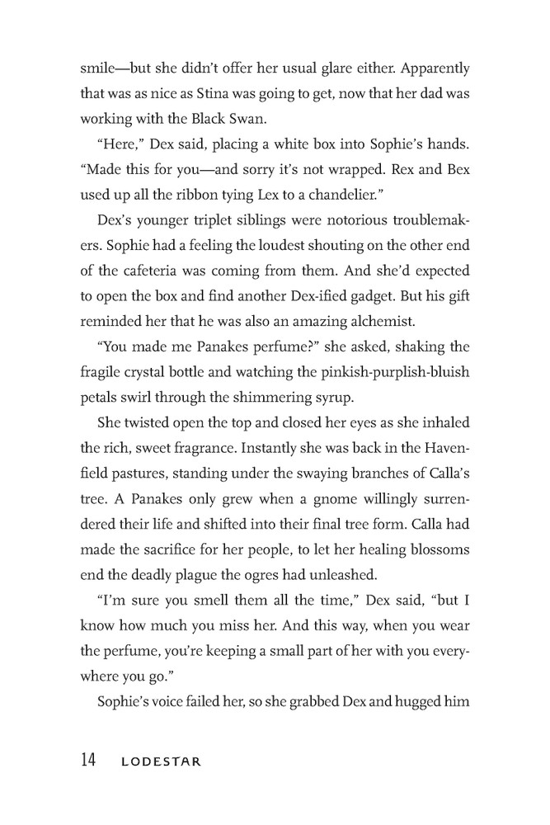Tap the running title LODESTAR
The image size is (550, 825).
(161, 761)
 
